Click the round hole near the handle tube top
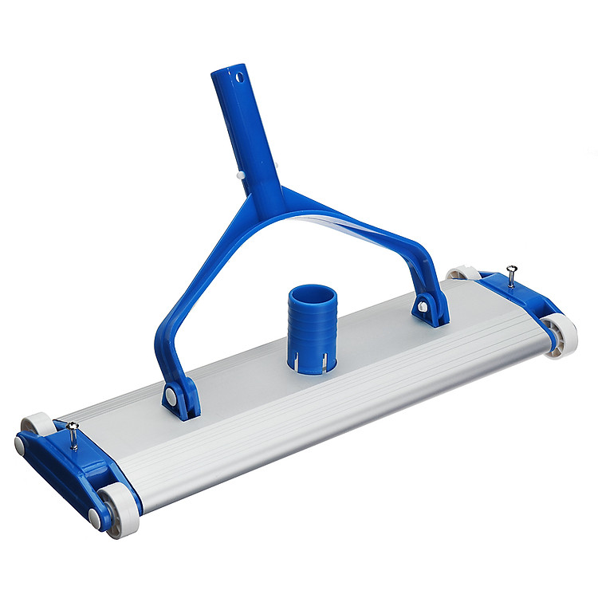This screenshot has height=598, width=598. [237, 78]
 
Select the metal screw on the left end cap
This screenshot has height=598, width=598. [73, 435]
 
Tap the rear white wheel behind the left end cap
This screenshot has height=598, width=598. [37, 423]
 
